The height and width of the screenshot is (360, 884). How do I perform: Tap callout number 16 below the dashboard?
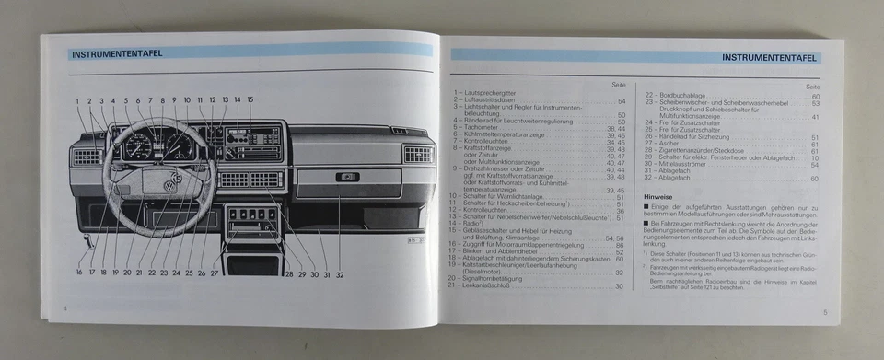[x=79, y=273]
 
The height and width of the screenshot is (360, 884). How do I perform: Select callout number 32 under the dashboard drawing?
[x=340, y=273]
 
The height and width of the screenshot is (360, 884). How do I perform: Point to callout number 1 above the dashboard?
[x=77, y=100]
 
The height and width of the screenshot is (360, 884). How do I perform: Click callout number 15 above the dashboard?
[x=250, y=99]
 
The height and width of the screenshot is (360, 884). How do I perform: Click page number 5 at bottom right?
[x=825, y=313]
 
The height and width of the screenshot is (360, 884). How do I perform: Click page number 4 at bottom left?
[x=64, y=307]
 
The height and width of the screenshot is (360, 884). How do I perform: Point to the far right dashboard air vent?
[x=417, y=154]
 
